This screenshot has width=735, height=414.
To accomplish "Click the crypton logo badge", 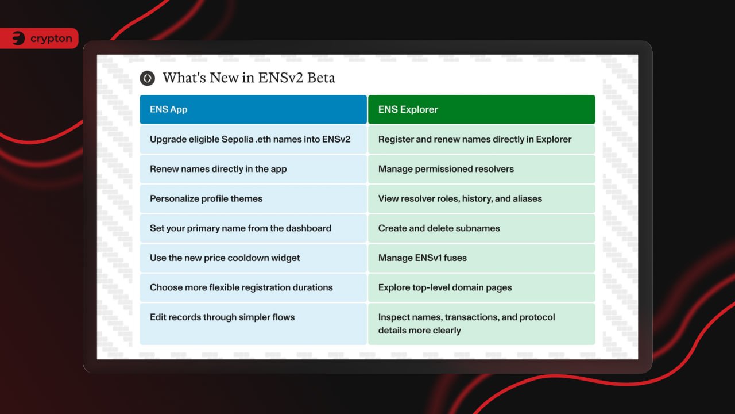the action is click(x=39, y=39).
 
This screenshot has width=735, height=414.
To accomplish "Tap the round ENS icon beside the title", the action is click(x=148, y=78).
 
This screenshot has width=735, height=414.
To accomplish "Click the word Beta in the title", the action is click(x=321, y=78).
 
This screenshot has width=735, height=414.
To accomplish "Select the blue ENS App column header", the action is click(x=253, y=109).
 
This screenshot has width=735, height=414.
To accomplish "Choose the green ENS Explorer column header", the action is click(x=482, y=109).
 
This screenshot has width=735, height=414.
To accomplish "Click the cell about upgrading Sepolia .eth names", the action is click(x=253, y=139).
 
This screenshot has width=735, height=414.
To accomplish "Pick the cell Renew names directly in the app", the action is click(x=253, y=169).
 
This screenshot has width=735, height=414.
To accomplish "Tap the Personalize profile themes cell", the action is click(x=253, y=198).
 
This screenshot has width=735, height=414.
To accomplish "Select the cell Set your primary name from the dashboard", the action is click(x=253, y=228).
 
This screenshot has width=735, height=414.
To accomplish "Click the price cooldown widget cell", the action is click(x=253, y=258).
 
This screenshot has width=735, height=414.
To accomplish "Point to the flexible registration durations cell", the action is click(x=253, y=287).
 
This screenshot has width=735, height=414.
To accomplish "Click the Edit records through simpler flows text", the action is click(x=222, y=317).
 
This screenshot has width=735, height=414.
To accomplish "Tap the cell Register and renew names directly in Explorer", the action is click(x=482, y=139).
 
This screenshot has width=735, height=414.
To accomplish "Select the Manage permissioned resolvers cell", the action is click(x=482, y=169).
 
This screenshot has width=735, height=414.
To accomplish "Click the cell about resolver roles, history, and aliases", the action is click(x=482, y=198).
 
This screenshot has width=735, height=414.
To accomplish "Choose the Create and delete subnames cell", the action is click(x=482, y=228).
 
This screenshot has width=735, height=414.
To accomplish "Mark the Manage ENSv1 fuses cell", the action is click(x=482, y=258).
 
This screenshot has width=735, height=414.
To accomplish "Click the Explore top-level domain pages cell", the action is click(x=482, y=287).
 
